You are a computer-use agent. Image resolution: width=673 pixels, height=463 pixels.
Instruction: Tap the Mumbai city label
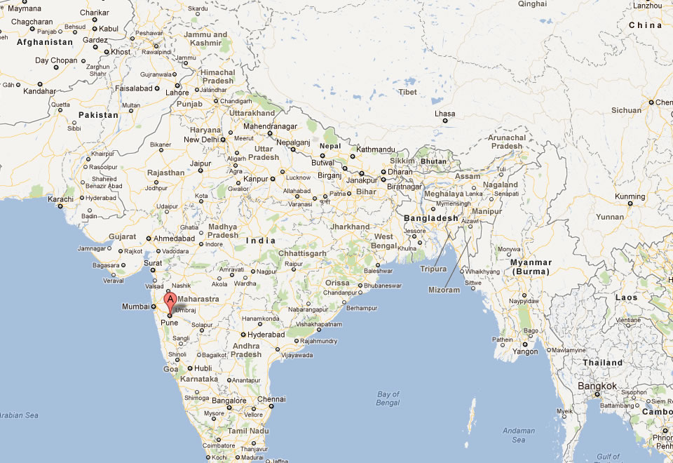click(x=135, y=307)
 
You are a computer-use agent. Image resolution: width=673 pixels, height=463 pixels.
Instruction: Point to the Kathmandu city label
click(x=375, y=149)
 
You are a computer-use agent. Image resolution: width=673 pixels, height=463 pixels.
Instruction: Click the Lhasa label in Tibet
click(x=444, y=114)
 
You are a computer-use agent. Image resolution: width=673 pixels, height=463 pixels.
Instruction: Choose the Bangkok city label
click(x=597, y=386)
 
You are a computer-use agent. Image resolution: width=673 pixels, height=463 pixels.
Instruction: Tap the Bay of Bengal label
click(x=388, y=398)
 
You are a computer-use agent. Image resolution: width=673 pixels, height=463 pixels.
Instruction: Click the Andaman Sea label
click(x=518, y=435)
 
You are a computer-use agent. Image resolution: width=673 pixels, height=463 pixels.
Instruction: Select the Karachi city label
click(x=60, y=199)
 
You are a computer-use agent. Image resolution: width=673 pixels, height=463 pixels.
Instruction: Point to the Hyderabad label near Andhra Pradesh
click(x=266, y=335)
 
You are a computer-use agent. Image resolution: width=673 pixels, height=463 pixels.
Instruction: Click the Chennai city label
click(x=271, y=399)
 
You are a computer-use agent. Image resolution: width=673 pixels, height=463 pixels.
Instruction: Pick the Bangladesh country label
click(x=430, y=218)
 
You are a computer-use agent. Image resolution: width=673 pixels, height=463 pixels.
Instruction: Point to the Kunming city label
click(x=629, y=196)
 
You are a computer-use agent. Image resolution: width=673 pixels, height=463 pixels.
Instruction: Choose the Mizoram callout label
click(x=444, y=290)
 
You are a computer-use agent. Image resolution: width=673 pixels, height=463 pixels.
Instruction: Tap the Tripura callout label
click(x=433, y=269)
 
